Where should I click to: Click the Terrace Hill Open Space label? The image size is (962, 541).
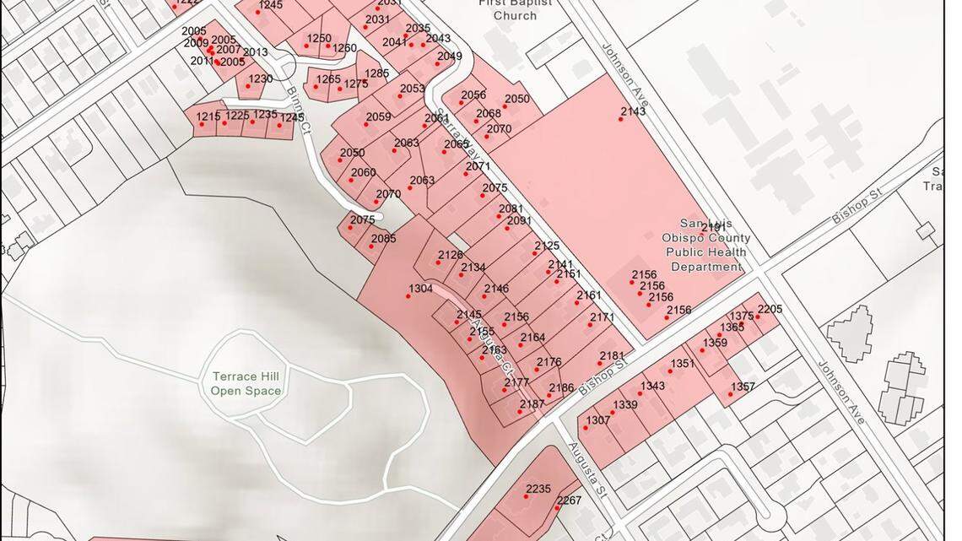[x=246, y=384]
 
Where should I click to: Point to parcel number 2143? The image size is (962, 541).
[x=633, y=111]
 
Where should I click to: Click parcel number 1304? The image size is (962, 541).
[x=420, y=289]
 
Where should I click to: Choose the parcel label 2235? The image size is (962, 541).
[x=538, y=489]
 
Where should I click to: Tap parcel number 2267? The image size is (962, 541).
[x=569, y=500]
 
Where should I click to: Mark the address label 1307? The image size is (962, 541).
[x=597, y=420]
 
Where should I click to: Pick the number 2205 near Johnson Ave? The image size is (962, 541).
[x=770, y=309]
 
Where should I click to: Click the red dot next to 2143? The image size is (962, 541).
[x=620, y=119]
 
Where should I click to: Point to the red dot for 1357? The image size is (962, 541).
[x=731, y=394]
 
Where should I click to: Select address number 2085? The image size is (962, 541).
[x=383, y=239]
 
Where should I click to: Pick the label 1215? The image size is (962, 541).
[x=208, y=116]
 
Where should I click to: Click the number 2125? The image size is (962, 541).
[x=547, y=246]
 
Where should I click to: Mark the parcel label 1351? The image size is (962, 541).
[x=683, y=364]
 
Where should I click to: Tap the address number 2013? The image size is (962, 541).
[x=255, y=52]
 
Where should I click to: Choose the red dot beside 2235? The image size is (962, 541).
[x=525, y=496]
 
